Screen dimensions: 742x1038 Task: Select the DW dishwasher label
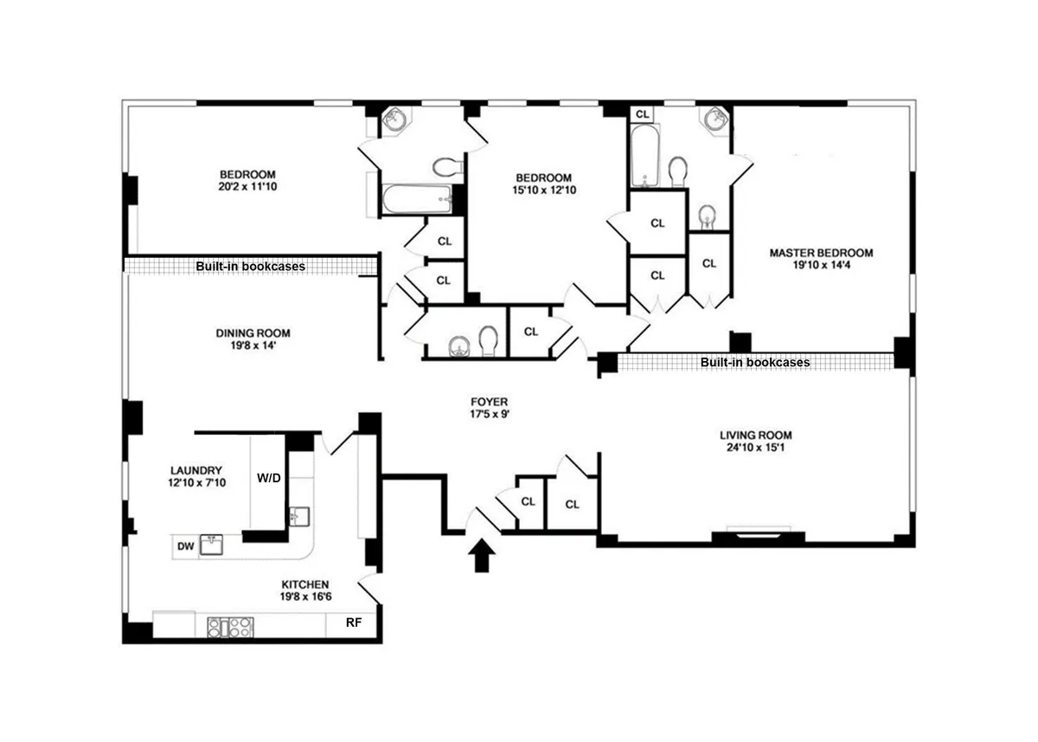tap(185, 545)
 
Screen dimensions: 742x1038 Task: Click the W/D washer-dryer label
tap(269, 477)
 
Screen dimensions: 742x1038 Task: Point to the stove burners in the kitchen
tap(228, 626)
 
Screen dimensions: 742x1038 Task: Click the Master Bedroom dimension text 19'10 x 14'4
tap(821, 268)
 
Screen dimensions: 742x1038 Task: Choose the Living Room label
tap(755, 435)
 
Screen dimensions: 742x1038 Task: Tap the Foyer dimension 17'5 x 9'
tap(489, 415)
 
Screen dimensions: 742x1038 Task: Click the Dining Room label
tap(253, 333)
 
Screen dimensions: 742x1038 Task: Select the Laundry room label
tap(196, 470)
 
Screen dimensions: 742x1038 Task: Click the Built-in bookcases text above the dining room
tap(250, 267)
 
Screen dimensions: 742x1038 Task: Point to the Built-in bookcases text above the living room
tap(755, 362)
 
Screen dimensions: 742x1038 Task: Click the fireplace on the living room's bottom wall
tap(759, 531)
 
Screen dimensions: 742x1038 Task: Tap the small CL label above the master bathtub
tap(642, 113)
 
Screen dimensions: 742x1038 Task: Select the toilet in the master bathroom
tap(677, 170)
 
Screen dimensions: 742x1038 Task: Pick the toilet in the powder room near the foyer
tap(488, 342)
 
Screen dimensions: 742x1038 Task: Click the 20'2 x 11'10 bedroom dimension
tap(247, 186)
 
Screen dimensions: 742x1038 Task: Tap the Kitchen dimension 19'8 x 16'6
tap(304, 597)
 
